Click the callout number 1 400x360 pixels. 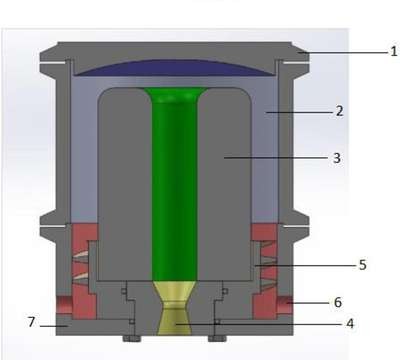394,51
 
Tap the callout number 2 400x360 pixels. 339,111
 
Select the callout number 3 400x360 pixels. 337,158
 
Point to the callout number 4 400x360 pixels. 350,323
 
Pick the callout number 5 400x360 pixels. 363,265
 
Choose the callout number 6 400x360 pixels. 338,302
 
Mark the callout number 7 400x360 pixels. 31,322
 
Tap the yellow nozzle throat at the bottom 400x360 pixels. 175,307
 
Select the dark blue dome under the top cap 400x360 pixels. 174,68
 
